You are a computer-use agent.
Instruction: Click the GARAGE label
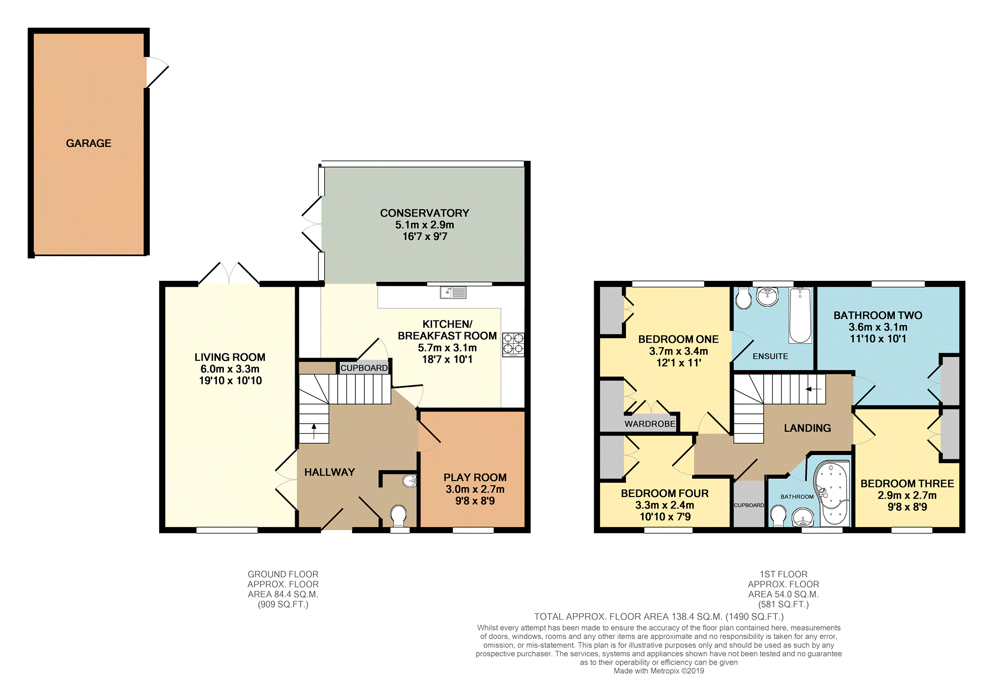tap(88, 143)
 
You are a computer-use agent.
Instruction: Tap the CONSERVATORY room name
tap(425, 213)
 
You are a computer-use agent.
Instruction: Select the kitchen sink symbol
tap(453, 293)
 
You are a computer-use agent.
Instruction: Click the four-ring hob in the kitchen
tap(513, 345)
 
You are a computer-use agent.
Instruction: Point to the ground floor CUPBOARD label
tap(364, 368)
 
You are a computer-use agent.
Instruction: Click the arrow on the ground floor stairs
tap(314, 431)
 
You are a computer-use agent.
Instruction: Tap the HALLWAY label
tap(330, 472)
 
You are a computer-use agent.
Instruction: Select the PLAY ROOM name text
tap(475, 478)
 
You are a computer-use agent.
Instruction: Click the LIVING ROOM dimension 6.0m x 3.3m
tap(230, 369)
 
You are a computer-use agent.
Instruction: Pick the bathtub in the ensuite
tap(800, 316)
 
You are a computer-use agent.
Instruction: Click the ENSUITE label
tap(770, 356)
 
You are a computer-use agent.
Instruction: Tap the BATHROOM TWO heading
tap(878, 316)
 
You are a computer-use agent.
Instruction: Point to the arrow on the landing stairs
tap(814, 389)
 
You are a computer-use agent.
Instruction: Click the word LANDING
tap(807, 428)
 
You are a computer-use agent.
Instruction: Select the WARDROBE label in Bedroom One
tap(650, 424)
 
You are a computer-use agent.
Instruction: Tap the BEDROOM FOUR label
tap(665, 494)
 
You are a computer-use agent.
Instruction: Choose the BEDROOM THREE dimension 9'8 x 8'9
tap(907, 507)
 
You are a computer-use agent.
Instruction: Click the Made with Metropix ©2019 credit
tap(659, 671)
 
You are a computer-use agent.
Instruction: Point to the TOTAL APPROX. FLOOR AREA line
tap(659, 617)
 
